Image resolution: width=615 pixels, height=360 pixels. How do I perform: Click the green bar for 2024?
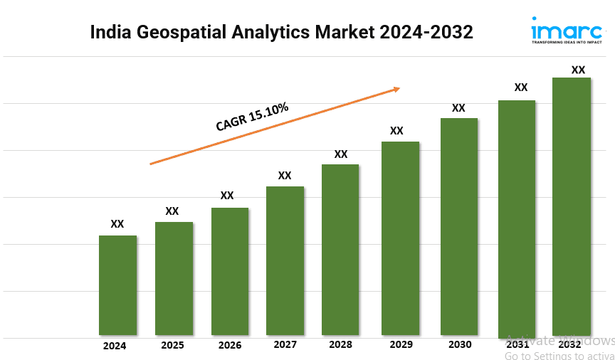click(x=117, y=285)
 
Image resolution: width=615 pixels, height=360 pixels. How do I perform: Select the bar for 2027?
click(x=285, y=260)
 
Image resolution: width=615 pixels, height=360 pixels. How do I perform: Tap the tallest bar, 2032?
click(x=572, y=206)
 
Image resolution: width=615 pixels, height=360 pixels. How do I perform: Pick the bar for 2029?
click(x=400, y=238)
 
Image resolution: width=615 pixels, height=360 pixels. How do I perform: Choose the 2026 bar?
click(x=230, y=271)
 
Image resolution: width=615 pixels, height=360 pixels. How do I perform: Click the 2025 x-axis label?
click(x=172, y=346)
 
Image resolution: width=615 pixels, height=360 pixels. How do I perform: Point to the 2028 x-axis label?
click(x=340, y=345)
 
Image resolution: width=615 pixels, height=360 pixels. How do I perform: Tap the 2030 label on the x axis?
click(x=459, y=345)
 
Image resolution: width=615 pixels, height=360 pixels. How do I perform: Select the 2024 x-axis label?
click(x=115, y=346)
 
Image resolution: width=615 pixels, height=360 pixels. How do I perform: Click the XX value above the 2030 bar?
click(x=458, y=108)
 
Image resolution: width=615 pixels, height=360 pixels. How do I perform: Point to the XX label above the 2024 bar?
click(x=117, y=224)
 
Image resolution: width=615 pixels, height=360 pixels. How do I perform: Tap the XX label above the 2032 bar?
click(x=579, y=70)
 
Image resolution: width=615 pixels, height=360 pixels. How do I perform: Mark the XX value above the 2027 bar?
click(x=285, y=175)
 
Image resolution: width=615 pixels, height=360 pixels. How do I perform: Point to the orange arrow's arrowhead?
click(x=396, y=89)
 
